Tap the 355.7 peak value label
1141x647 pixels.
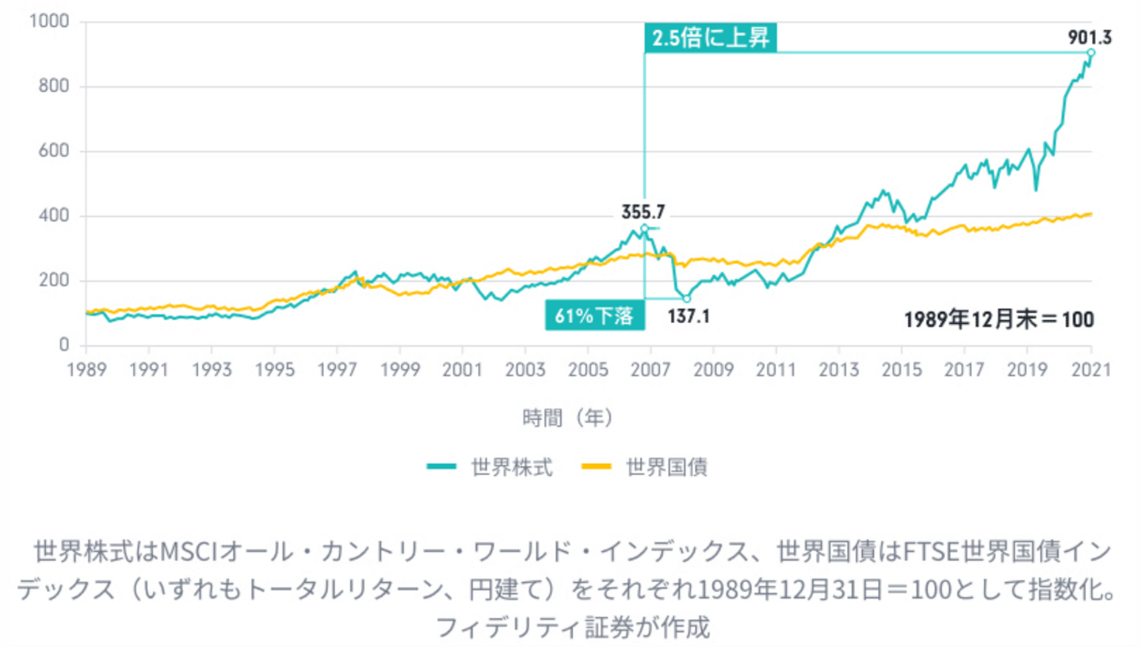coord(643,211)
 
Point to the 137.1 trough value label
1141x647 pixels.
coord(689,316)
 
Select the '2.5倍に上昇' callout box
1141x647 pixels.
coord(710,39)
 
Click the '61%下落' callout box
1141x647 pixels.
coord(594,316)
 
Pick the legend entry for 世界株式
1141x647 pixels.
coord(489,467)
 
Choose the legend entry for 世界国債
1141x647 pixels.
coord(644,467)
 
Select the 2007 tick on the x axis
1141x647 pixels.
coord(651,370)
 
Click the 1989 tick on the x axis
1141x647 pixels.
coord(86,370)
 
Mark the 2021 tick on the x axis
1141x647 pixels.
coord(1090,370)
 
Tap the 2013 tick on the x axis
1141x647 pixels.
coord(839,370)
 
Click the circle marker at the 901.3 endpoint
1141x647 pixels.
coord(1091,52)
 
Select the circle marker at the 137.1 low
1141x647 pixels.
coord(687,299)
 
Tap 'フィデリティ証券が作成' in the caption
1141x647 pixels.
coord(570,628)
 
